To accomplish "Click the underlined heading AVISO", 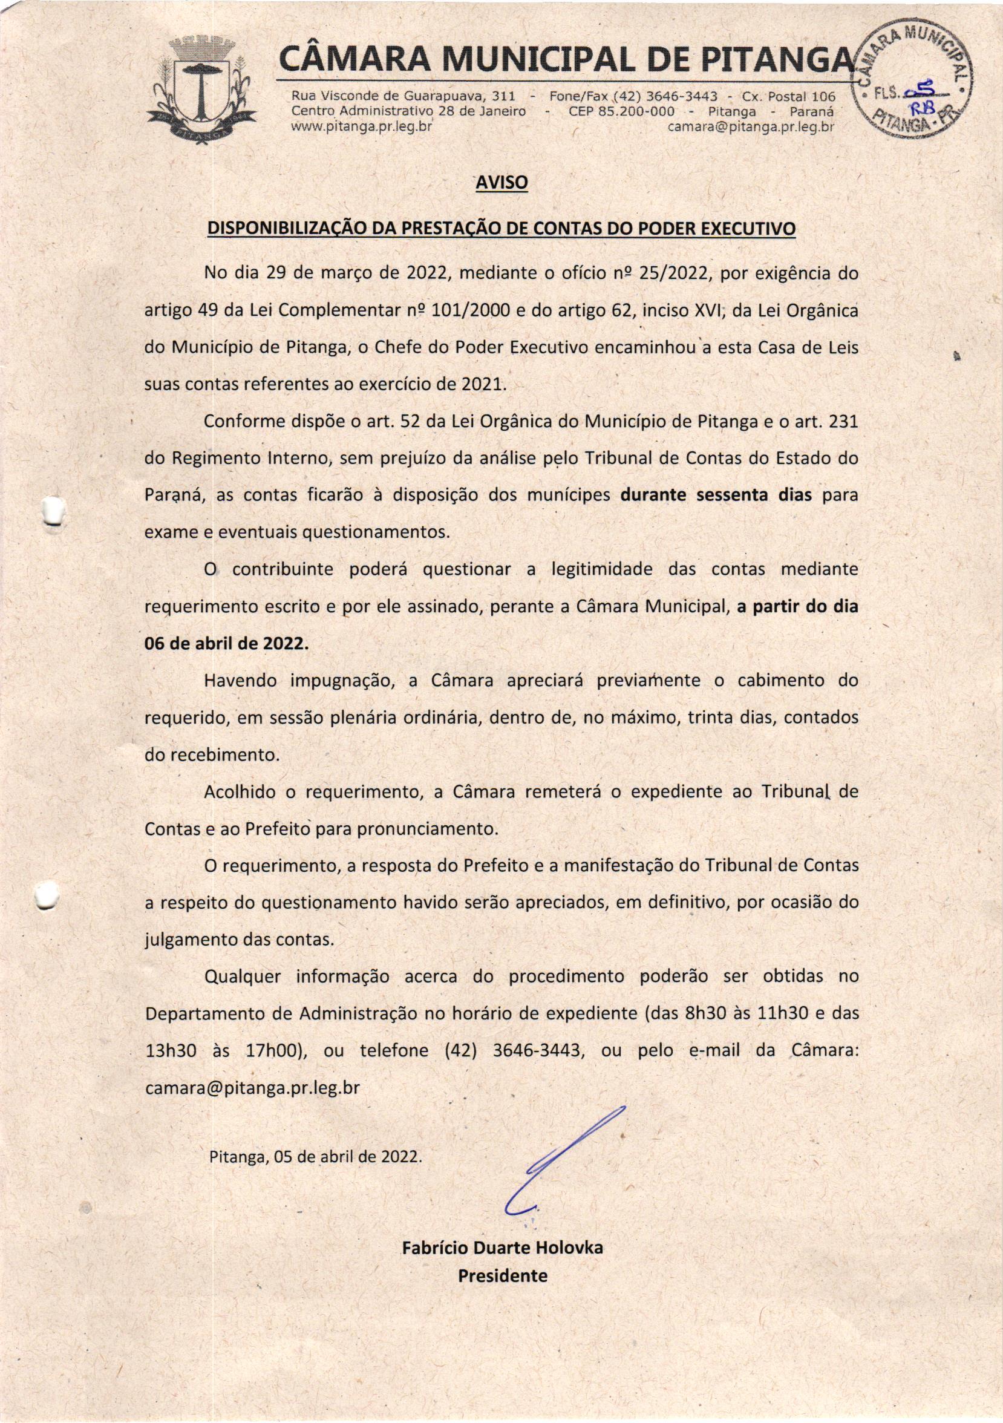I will [x=500, y=182].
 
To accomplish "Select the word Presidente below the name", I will [x=503, y=1275].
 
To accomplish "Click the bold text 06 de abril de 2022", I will [x=226, y=643].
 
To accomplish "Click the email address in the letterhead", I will [x=751, y=127].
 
